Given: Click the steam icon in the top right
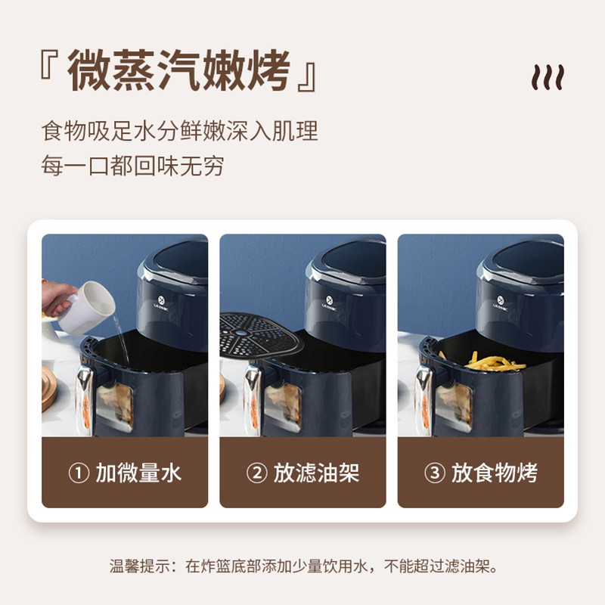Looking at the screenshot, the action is pyautogui.click(x=548, y=77).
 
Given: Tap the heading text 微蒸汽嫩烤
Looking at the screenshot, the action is pyautogui.click(x=178, y=71).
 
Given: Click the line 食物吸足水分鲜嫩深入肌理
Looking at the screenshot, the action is pyautogui.click(x=179, y=131).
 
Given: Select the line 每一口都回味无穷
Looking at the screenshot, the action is pyautogui.click(x=133, y=166).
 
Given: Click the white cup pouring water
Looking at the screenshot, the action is pyautogui.click(x=86, y=308).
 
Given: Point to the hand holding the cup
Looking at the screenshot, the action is pyautogui.click(x=58, y=299).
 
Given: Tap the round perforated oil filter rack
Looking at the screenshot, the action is pyautogui.click(x=259, y=334).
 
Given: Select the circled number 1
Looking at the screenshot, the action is pyautogui.click(x=79, y=473).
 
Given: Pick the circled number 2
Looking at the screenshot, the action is pyautogui.click(x=256, y=473).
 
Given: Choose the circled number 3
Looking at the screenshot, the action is pyautogui.click(x=434, y=473).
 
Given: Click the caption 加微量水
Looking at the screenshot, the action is pyautogui.click(x=138, y=473).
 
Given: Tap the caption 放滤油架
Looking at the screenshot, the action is pyautogui.click(x=316, y=473).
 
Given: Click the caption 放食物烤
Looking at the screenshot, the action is pyautogui.click(x=495, y=473).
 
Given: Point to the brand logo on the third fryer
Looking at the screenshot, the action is pyautogui.click(x=501, y=302).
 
